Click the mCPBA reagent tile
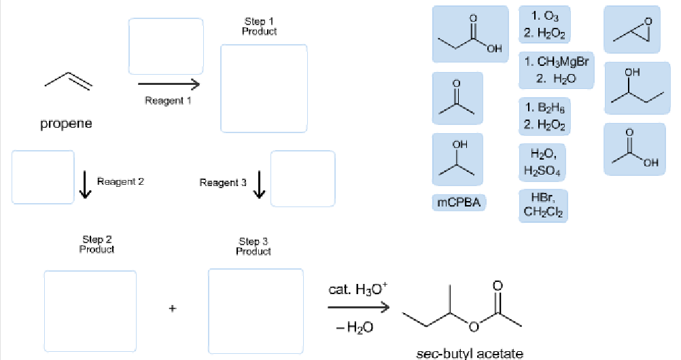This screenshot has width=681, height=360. [459, 202]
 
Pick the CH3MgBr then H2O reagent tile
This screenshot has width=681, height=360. [555, 70]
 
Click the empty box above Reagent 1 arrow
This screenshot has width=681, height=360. [166, 46]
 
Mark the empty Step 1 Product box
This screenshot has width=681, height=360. [264, 88]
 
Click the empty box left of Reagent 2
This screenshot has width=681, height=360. [43, 177]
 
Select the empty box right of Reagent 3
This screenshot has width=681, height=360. [302, 177]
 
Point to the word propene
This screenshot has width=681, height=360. [65, 125]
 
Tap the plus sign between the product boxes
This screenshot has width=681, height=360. [173, 309]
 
